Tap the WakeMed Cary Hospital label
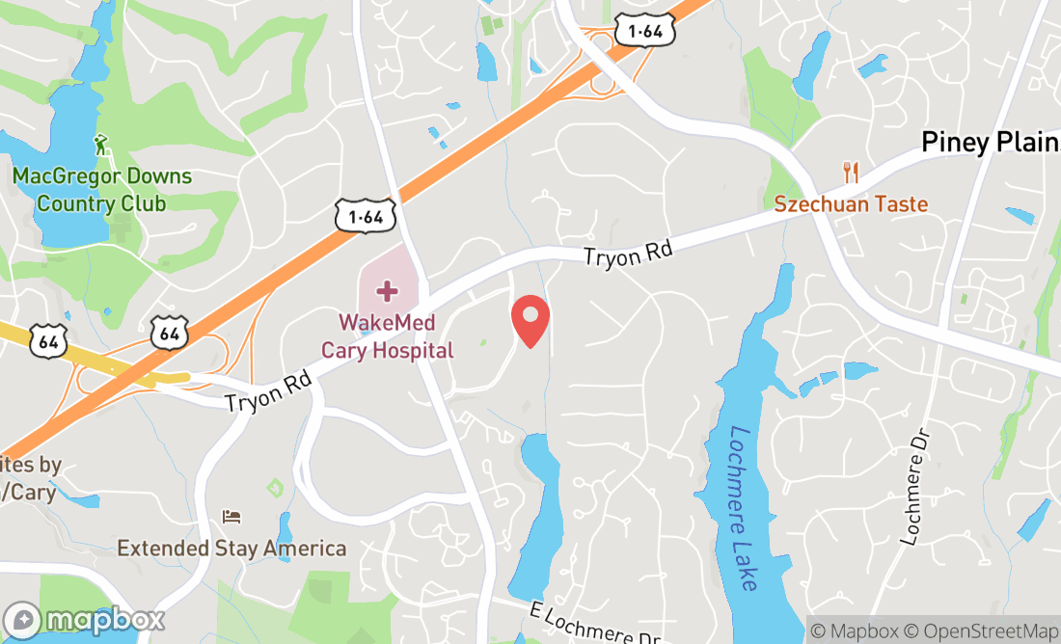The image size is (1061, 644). tap(387, 336)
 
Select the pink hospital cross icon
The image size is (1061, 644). tap(387, 291)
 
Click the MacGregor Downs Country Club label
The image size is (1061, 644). tap(101, 190)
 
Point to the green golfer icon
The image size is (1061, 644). tap(102, 147)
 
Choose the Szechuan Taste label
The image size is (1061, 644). tap(851, 204)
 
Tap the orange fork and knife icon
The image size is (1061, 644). tap(851, 173)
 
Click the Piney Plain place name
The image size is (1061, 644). tap(990, 143)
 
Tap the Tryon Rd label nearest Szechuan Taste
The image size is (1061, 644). tap(627, 255)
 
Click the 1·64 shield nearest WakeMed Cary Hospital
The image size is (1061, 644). tap(366, 217)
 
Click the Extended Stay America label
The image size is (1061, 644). tap(231, 549)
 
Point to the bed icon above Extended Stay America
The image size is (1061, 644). tap(231, 518)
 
